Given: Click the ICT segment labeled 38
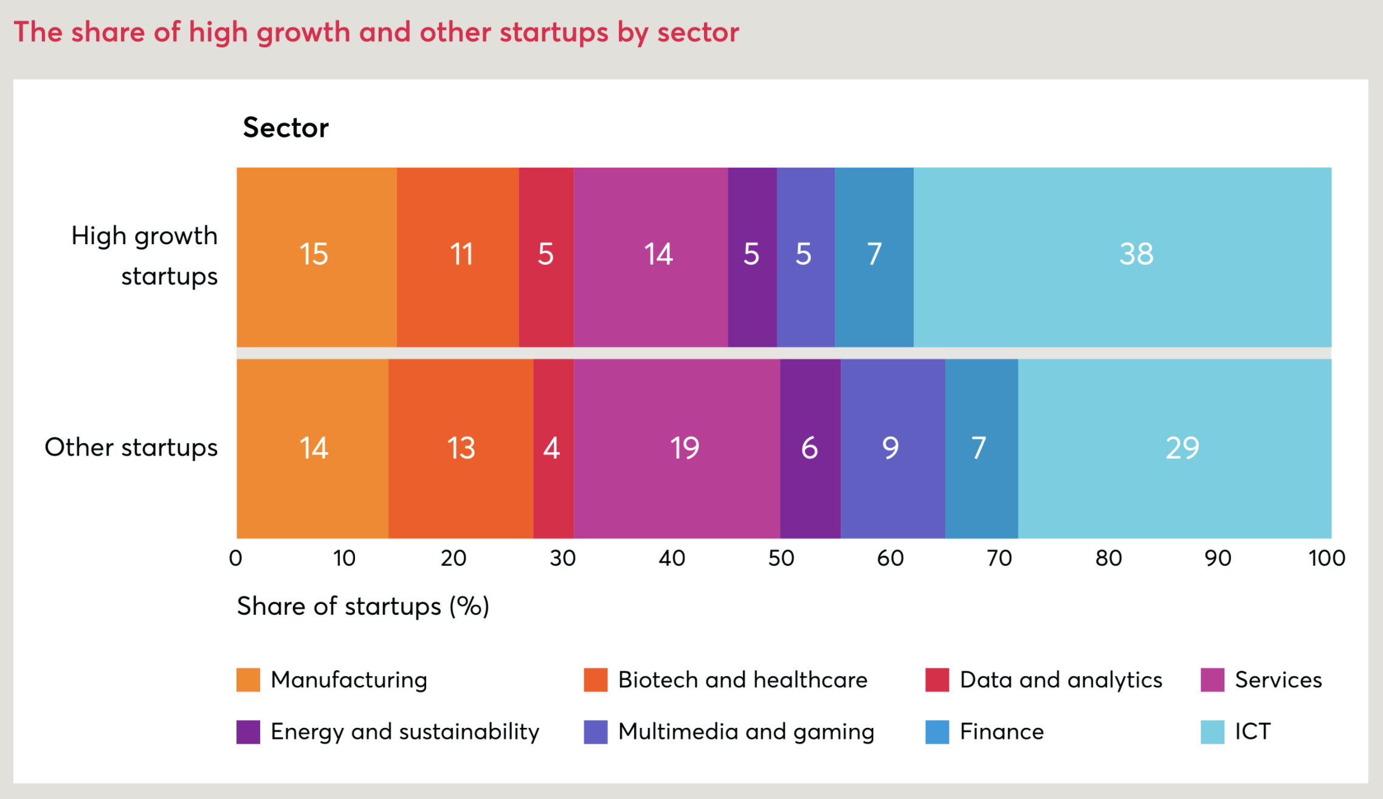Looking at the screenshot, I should [1122, 257].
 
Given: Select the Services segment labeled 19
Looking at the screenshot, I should [677, 448].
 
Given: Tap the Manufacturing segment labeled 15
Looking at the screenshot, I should [316, 257].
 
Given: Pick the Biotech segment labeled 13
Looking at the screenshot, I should [460, 448].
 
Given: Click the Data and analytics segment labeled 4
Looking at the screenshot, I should [553, 448].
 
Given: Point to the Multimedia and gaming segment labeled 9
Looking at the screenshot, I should [892, 448].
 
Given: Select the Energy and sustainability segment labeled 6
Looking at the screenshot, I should [810, 448].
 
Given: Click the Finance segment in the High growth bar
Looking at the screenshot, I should [874, 257].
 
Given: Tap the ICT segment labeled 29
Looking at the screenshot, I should [1174, 448].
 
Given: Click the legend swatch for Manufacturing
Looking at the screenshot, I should [248, 680].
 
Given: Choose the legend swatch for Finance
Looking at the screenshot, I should [937, 732].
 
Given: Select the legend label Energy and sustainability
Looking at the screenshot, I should [405, 732].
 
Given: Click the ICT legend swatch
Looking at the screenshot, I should [1212, 732].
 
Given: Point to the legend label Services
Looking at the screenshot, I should [1278, 680].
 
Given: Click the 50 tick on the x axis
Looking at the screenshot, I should [781, 558].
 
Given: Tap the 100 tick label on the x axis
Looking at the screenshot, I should [1326, 558].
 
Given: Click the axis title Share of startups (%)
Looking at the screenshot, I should [363, 606].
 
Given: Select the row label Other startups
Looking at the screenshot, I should [131, 448].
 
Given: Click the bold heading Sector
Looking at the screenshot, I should [286, 128].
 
